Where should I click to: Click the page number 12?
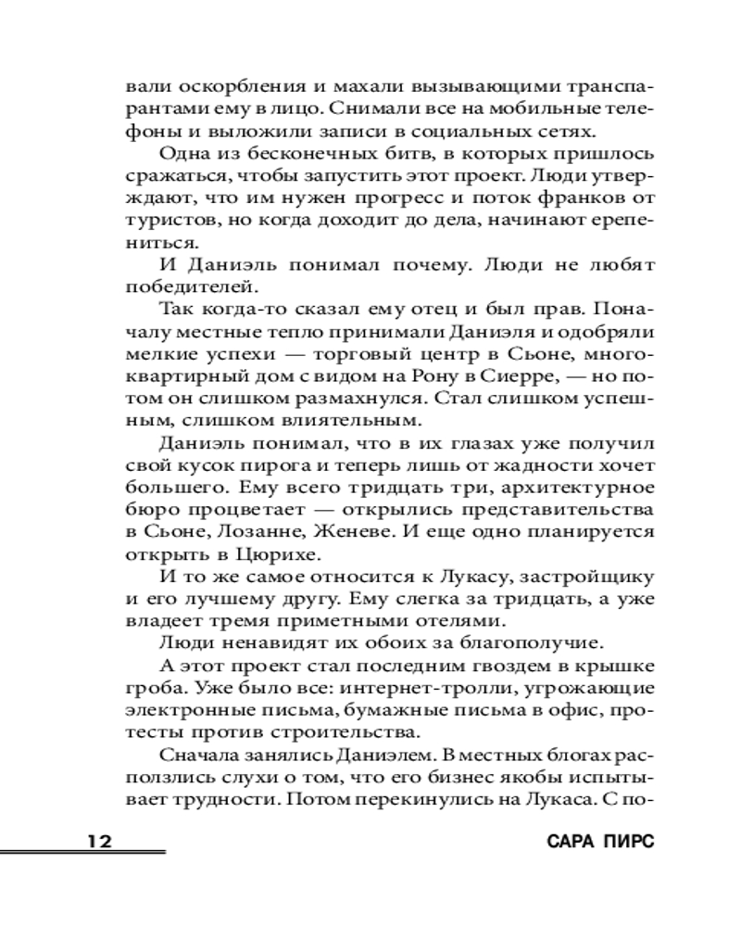tap(100, 842)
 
